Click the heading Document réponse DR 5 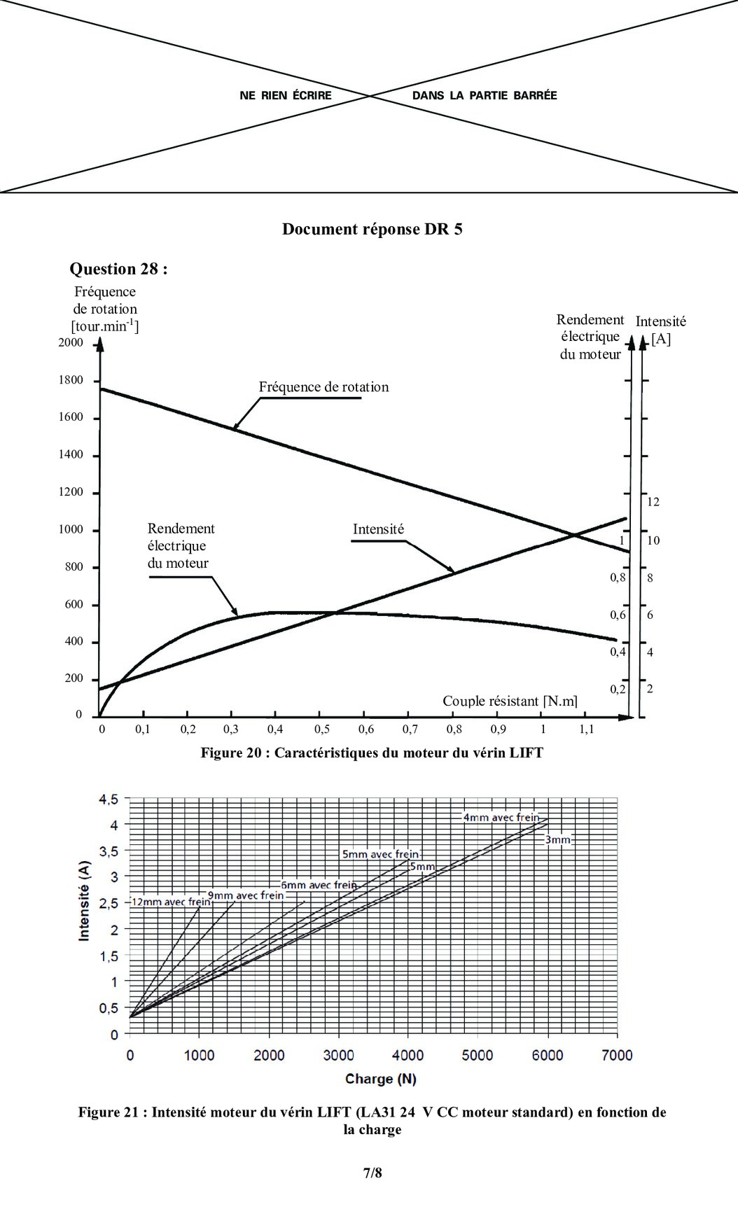click(372, 230)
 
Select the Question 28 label click(118, 269)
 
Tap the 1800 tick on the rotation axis click(71, 380)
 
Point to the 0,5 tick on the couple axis click(321, 729)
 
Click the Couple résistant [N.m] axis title click(510, 701)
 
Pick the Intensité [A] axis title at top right click(660, 330)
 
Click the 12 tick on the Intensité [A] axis click(653, 502)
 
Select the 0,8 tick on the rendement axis click(618, 578)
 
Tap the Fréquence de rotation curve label click(323, 387)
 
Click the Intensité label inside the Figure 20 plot click(378, 529)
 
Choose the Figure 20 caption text click(372, 753)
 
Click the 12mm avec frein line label click(171, 902)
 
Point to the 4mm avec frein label click(501, 817)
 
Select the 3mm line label click(558, 839)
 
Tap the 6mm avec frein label click(319, 885)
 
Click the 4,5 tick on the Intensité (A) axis click(109, 799)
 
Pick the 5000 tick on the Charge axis click(477, 1055)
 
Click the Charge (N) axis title click(380, 1079)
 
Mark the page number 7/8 click(373, 1173)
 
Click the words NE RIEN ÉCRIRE click(286, 95)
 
